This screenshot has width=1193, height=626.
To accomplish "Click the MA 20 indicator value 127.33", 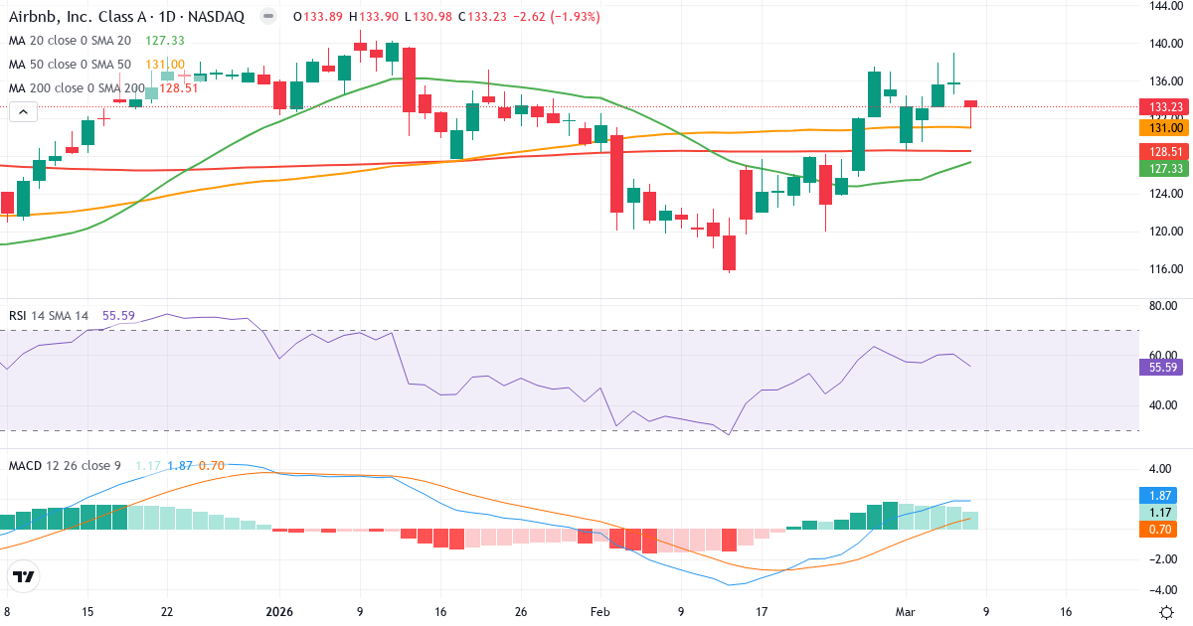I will (164, 41).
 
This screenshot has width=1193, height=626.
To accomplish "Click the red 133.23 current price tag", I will (1158, 107).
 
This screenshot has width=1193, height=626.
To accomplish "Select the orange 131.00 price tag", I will (1158, 127).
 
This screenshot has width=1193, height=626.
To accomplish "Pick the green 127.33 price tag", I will (1158, 169).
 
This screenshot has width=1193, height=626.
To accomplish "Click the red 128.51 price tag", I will (1158, 151).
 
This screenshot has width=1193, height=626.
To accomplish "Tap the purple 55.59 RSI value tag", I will (1158, 367).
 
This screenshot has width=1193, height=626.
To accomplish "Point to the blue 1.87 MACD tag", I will (1158, 495).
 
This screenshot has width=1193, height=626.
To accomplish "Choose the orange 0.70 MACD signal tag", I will (1158, 530).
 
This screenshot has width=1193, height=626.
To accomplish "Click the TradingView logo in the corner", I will (24, 576).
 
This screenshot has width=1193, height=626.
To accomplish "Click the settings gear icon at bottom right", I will (1169, 611).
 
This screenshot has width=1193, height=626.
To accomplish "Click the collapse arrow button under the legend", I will (23, 112).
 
